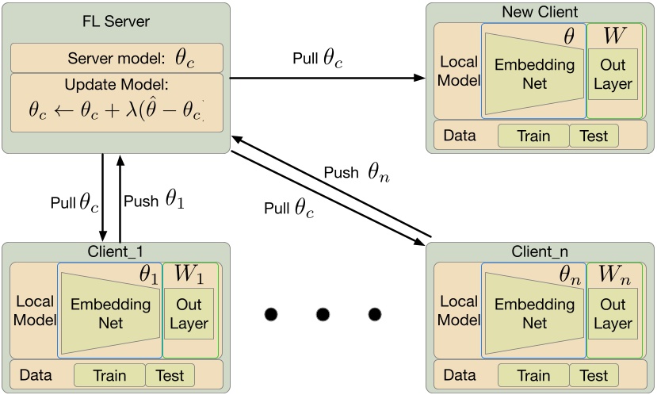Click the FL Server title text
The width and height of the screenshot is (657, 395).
(x=116, y=21)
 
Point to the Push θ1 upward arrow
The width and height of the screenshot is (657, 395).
(x=120, y=198)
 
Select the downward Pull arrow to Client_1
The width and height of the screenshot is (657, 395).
(x=103, y=198)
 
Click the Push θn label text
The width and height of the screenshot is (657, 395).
(x=357, y=171)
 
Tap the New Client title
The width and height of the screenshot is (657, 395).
(x=540, y=12)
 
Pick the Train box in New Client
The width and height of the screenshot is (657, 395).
(x=533, y=136)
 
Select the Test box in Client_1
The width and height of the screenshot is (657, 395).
(x=170, y=375)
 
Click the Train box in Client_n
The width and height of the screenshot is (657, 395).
(x=533, y=375)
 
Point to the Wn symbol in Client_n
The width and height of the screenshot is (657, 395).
(x=613, y=275)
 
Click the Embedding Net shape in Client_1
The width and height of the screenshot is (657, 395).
(x=109, y=314)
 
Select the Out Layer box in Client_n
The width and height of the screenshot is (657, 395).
(x=613, y=314)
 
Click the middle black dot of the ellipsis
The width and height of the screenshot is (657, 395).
(x=322, y=315)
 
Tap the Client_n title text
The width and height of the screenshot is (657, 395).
(x=540, y=251)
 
